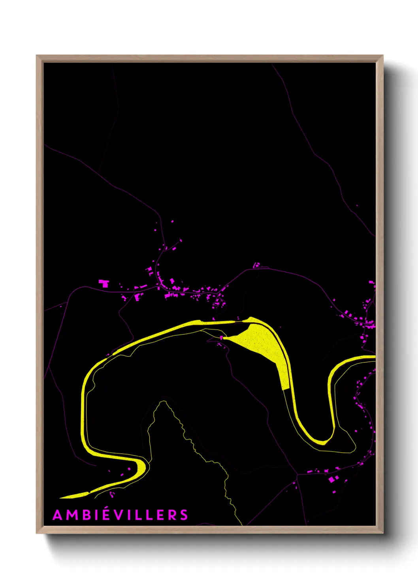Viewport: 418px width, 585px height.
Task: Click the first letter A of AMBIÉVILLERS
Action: point(57,515)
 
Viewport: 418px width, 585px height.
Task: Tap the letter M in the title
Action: point(70,515)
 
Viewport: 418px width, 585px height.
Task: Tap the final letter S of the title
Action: point(184,515)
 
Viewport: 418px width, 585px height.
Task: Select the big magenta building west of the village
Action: point(104,283)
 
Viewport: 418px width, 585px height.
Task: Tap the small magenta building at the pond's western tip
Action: point(222,338)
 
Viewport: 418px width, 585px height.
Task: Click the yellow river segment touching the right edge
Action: point(363,358)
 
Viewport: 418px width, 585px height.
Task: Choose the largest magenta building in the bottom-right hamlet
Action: point(331,479)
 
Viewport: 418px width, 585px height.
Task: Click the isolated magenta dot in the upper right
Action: point(357,206)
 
